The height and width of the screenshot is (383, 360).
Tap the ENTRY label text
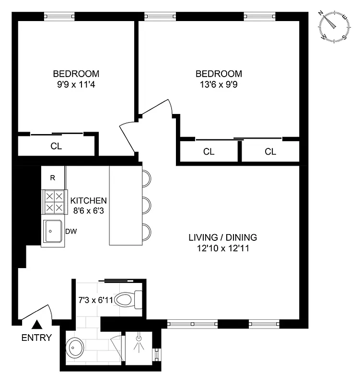tap(36, 338)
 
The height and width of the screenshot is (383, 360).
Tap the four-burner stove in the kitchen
tap(53, 202)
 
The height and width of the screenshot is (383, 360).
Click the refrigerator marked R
tap(53, 178)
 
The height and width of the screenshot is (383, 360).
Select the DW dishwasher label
tap(71, 232)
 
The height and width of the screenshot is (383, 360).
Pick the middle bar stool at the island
tap(146, 205)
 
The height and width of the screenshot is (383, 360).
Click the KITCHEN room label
tap(88, 201)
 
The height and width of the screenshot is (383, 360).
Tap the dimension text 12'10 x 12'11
tap(222, 248)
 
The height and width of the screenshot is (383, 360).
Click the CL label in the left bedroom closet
tap(56, 146)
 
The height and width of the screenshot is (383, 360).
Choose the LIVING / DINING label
tap(222, 237)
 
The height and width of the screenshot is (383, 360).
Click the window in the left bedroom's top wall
tap(59, 16)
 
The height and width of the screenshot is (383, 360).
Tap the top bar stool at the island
tap(146, 179)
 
